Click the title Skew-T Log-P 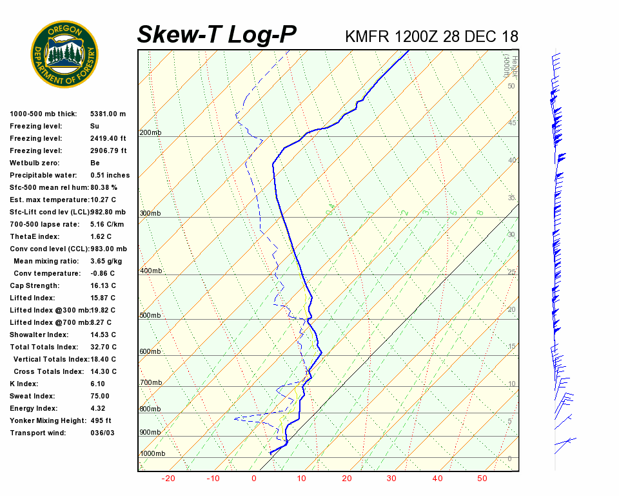pos(217,35)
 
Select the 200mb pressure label pos(150,133)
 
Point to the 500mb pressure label pos(150,315)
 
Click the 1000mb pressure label pos(152,453)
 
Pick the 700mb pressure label pos(150,383)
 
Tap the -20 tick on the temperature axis pos(168,479)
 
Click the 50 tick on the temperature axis pos(482,479)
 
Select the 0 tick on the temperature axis pos(254,479)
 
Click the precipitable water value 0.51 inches pos(110,175)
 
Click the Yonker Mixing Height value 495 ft pos(101,420)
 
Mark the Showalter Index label pos(39,335)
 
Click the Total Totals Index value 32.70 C pos(103,347)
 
